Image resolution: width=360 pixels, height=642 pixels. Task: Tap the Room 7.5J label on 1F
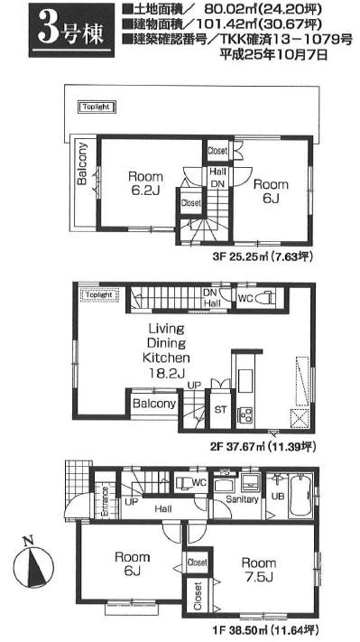(260, 570)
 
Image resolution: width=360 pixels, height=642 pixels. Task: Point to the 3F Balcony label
(82, 163)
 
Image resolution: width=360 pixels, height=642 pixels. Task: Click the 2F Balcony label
(154, 404)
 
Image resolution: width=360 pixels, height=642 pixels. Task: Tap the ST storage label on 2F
(221, 409)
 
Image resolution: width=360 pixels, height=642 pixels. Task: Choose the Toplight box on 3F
(97, 107)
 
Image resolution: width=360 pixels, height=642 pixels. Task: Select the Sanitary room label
(243, 499)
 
